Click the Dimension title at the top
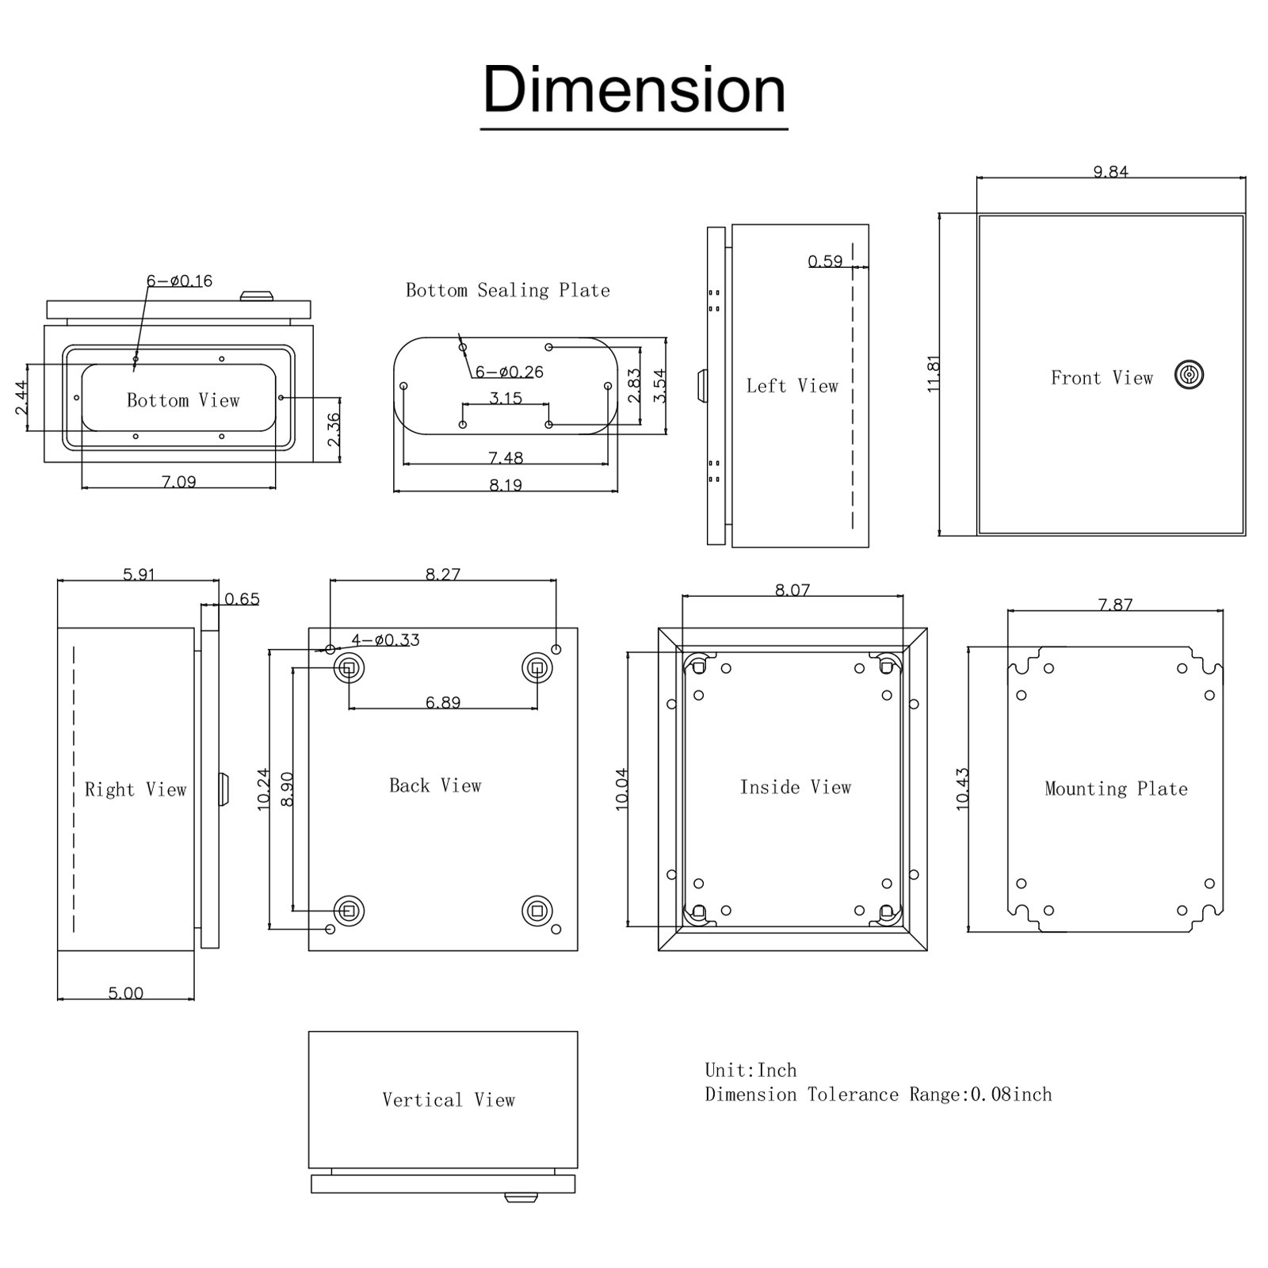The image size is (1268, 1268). coord(634,90)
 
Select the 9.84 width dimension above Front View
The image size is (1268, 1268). coord(1110,171)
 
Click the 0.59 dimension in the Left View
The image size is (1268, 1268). coord(825,262)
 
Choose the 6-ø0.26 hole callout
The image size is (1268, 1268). coord(510,372)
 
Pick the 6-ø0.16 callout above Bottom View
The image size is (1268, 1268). coord(179,281)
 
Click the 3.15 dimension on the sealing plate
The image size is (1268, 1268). coord(506,398)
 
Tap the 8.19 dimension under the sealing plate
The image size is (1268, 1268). coord(506,485)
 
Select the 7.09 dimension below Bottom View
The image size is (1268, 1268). coord(179,481)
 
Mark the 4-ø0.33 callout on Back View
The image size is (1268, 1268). coord(386,640)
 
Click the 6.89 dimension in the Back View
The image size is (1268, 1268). coord(442,702)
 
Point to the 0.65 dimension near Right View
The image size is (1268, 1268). coord(242,599)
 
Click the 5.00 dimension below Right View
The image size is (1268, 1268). coord(125,993)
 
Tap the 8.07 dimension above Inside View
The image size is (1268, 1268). coord(792,590)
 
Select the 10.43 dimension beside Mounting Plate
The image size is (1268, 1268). coord(962,788)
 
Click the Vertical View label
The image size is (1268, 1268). coord(449,1100)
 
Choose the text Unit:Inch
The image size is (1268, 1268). coord(750,1071)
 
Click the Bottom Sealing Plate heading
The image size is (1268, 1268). coord(508,290)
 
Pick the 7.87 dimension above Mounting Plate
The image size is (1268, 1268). coord(1115,605)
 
